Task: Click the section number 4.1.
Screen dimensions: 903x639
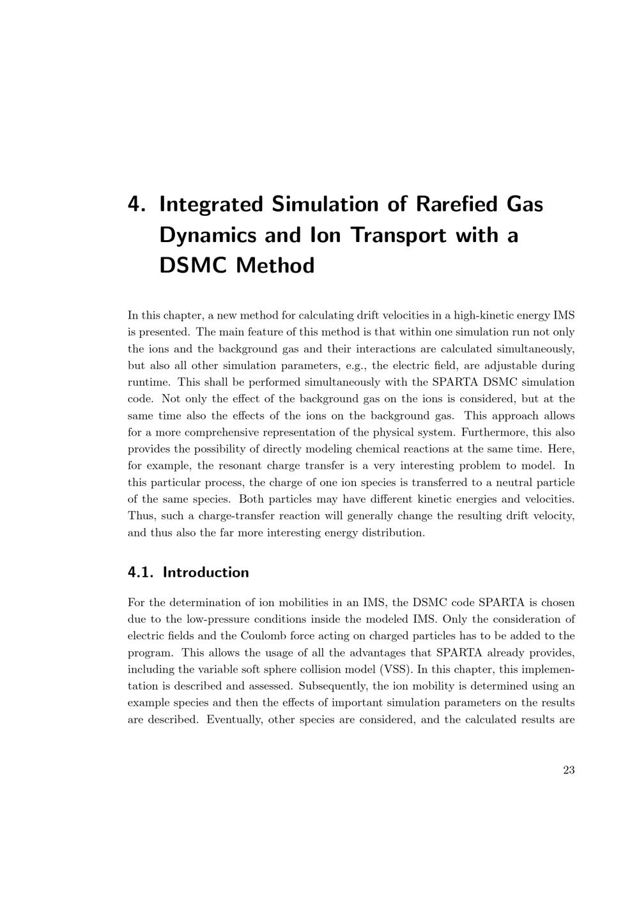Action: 141,572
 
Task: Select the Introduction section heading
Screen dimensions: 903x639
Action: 206,572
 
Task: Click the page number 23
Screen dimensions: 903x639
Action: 569,770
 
